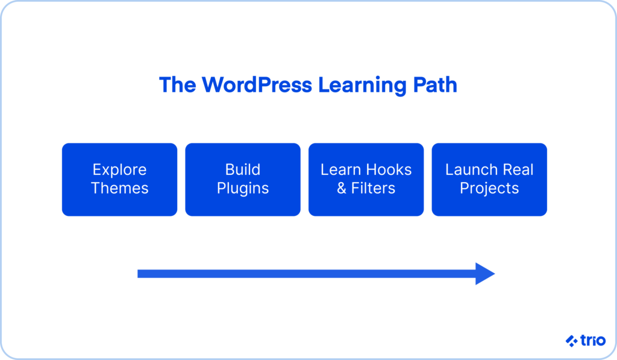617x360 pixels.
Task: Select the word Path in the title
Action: click(x=434, y=85)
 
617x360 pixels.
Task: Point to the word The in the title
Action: click(x=178, y=85)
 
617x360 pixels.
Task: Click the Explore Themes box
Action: click(x=119, y=179)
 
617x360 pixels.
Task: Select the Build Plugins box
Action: click(x=242, y=179)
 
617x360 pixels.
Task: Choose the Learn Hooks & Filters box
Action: click(x=366, y=179)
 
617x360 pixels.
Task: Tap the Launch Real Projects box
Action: click(x=489, y=179)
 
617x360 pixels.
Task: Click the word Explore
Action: click(x=119, y=170)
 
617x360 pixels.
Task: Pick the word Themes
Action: click(x=119, y=188)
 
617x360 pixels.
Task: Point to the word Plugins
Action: click(x=242, y=188)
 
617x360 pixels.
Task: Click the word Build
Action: click(x=242, y=169)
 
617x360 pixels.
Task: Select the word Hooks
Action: click(x=389, y=169)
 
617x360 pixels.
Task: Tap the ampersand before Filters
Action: click(x=342, y=188)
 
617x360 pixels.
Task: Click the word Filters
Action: click(x=373, y=188)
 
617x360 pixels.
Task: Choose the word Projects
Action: click(x=489, y=188)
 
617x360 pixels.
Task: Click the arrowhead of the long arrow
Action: click(x=484, y=274)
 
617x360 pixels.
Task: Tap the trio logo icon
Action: click(x=571, y=341)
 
